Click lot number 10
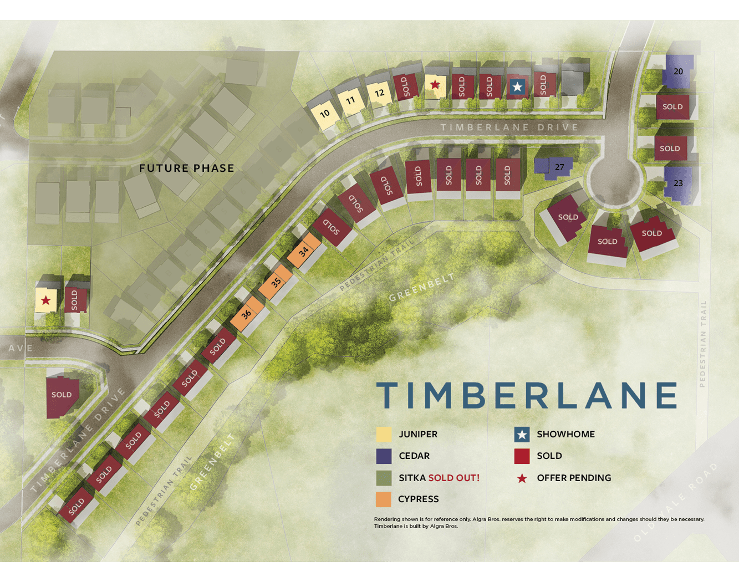[x=325, y=114]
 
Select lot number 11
[x=350, y=101]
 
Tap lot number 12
[x=379, y=93]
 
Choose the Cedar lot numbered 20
[x=678, y=72]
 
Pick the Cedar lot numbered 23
[x=678, y=183]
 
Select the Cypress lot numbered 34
[x=304, y=251]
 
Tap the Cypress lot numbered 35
[x=276, y=282]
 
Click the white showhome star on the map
[x=517, y=87]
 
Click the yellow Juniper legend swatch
[x=384, y=435]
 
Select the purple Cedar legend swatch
[x=384, y=456]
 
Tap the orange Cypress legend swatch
[x=384, y=499]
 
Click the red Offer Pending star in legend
[x=522, y=478]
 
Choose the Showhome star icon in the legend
[x=522, y=435]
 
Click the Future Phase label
[x=187, y=168]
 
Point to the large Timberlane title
[x=527, y=395]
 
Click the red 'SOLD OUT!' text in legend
[x=453, y=478]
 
